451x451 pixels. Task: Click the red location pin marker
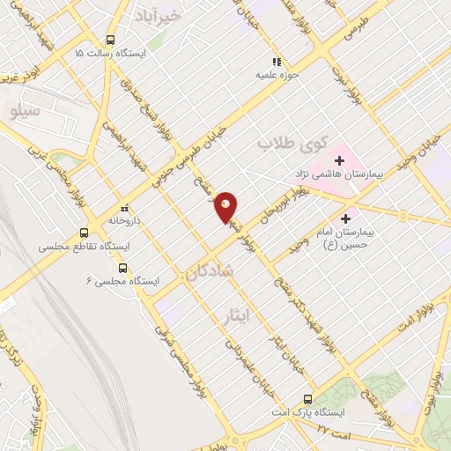click(226, 208)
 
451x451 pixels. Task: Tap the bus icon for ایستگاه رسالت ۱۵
click(110, 40)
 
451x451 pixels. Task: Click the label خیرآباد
click(159, 15)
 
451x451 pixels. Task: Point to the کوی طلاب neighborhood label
click(292, 141)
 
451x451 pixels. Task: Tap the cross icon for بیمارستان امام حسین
click(345, 218)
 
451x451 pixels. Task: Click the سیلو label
click(24, 112)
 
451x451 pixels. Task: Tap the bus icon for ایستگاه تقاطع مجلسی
click(85, 233)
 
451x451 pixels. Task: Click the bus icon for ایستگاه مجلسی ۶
click(122, 268)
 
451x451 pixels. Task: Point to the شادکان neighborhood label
click(209, 274)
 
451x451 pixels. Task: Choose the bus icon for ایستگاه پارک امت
click(307, 398)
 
